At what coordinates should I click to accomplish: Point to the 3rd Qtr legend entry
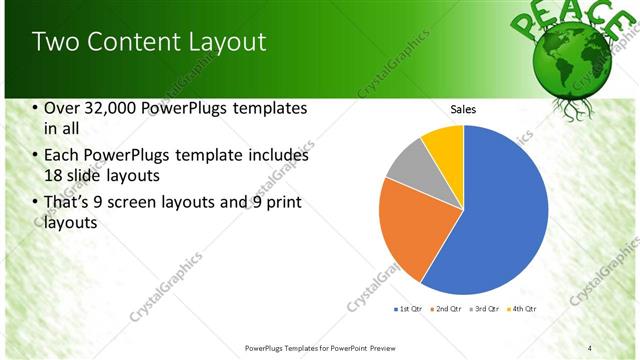click(484, 308)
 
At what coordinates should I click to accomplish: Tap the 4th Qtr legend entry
click(521, 308)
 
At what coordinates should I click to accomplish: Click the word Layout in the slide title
click(228, 42)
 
